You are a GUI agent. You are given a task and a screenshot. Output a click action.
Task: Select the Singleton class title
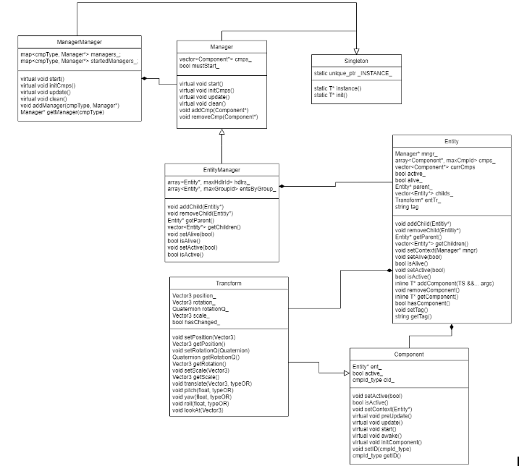click(356, 61)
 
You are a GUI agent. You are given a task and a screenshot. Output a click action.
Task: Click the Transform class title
click(228, 284)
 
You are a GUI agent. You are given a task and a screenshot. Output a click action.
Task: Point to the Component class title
click(408, 355)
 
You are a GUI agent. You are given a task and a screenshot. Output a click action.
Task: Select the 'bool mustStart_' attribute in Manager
click(198, 66)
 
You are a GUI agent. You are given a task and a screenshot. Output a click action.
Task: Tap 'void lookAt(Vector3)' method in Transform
click(197, 410)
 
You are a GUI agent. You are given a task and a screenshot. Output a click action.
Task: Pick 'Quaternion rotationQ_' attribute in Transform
click(201, 310)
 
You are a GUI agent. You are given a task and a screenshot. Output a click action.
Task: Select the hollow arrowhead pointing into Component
click(345, 373)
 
